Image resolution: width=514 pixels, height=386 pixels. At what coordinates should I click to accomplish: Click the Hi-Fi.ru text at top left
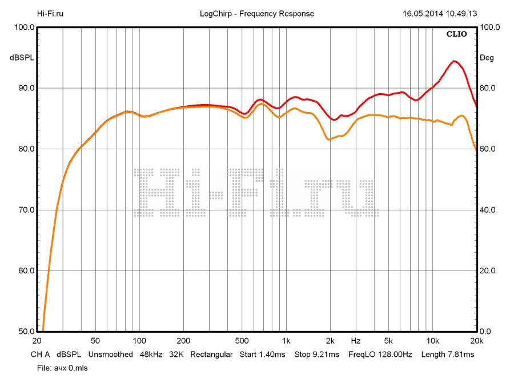(50, 14)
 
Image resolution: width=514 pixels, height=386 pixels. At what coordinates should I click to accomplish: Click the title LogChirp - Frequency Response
(257, 14)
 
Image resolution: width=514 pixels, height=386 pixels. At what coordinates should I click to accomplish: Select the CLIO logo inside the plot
(456, 34)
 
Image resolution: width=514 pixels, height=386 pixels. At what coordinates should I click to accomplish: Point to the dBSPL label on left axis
(22, 58)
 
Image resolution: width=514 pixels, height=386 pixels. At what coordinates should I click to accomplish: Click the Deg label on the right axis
(487, 58)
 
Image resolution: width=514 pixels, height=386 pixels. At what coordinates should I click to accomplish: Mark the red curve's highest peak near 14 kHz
(454, 61)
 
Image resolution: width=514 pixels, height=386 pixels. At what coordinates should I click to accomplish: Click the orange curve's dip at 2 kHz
(329, 139)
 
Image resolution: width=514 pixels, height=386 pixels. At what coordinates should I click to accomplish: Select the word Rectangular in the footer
(211, 355)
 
